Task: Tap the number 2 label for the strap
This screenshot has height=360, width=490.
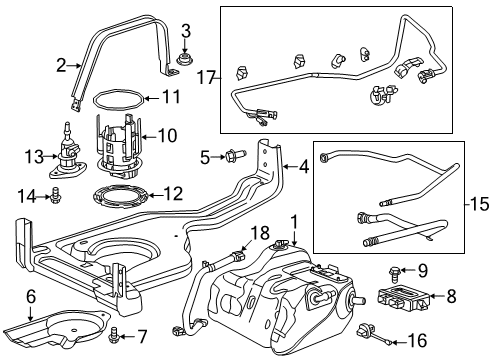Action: pos(60,66)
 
